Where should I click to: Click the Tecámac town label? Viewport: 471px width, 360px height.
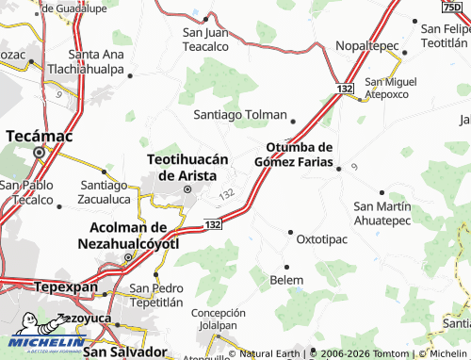tap(39, 136)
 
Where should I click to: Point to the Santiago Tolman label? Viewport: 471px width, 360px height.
tap(239, 114)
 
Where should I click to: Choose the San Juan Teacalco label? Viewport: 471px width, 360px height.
tap(205, 39)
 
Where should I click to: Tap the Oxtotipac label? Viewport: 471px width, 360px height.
tap(323, 239)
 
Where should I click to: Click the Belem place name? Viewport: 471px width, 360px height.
tap(286, 280)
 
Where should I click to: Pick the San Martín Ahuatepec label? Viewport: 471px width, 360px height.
tap(382, 212)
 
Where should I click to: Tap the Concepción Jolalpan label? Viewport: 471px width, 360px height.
tap(219, 319)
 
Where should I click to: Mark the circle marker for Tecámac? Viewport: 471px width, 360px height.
tap(39, 151)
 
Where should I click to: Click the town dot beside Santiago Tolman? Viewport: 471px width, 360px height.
tap(293, 121)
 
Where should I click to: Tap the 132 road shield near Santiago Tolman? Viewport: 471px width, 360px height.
tap(344, 88)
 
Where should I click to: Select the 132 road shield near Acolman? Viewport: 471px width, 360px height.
tap(212, 224)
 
